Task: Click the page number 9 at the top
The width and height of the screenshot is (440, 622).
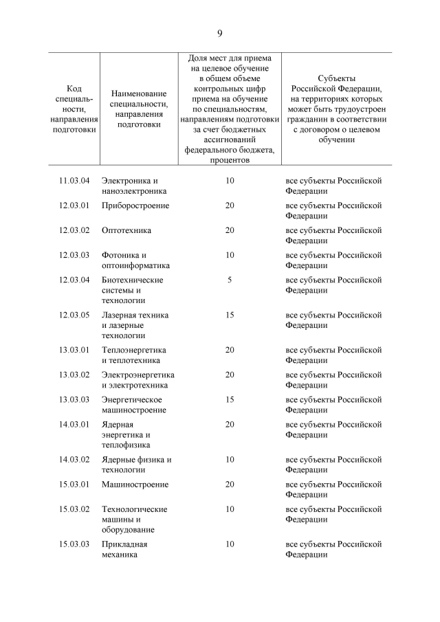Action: (x=220, y=33)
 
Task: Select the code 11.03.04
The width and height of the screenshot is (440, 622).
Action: (x=75, y=181)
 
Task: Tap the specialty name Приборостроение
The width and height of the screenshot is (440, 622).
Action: (x=135, y=206)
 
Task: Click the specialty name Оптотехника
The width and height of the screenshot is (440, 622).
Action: (x=126, y=230)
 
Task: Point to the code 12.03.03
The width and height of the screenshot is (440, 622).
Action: (x=75, y=255)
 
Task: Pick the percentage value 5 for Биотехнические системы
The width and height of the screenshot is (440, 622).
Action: (x=230, y=280)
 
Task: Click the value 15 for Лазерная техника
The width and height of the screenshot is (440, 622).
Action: (x=230, y=315)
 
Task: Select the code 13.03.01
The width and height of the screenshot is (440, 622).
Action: (x=75, y=350)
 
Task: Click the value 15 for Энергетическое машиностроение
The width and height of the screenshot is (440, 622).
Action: (x=230, y=399)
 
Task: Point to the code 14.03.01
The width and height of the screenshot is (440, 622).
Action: (x=75, y=424)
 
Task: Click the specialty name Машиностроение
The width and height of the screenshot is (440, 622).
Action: (x=135, y=485)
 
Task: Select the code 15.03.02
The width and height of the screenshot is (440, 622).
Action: (x=75, y=509)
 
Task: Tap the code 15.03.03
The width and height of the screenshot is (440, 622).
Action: (x=75, y=544)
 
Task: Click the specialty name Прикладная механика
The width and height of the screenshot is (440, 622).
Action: (x=124, y=550)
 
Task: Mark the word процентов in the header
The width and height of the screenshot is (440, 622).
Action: (x=230, y=159)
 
